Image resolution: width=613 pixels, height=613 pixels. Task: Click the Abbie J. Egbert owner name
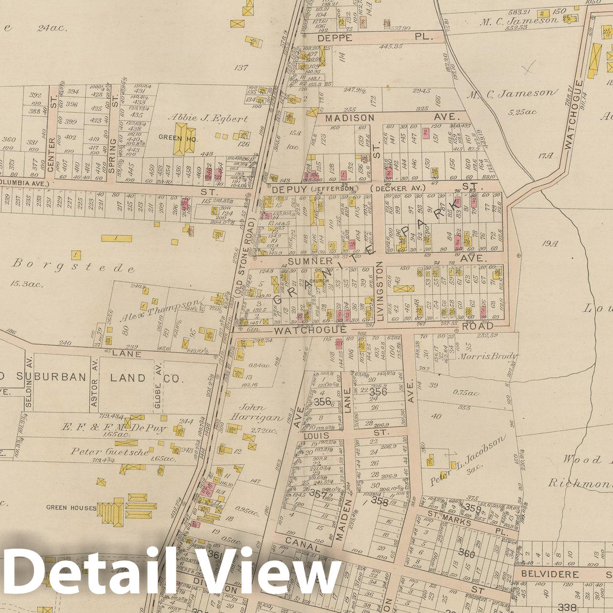click(208, 118)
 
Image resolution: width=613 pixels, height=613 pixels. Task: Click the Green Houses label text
click(71, 508)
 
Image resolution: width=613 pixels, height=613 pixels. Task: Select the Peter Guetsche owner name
click(110, 451)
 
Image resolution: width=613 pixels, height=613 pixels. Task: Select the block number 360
click(466, 553)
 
